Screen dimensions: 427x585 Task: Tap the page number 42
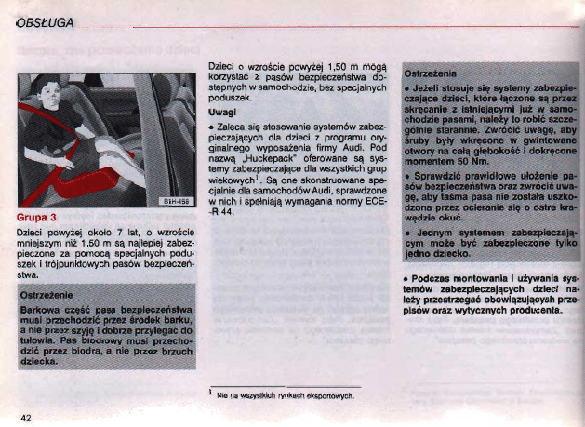tap(28, 415)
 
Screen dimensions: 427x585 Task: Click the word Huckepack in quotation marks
tap(273, 160)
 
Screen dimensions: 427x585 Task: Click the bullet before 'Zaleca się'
tap(213, 123)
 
